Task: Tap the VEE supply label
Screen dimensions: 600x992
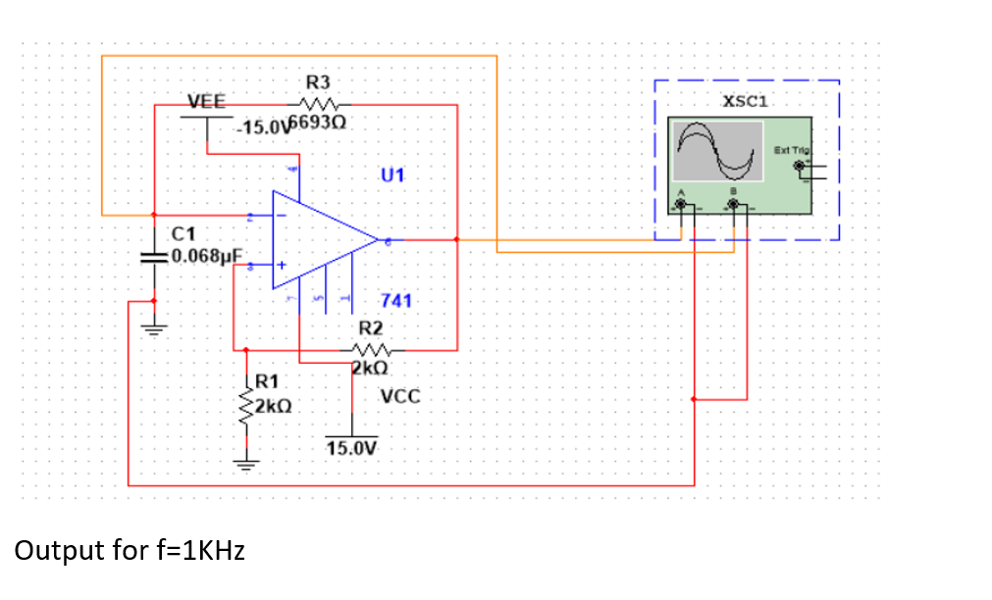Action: tap(206, 101)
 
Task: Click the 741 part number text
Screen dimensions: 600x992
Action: tap(396, 301)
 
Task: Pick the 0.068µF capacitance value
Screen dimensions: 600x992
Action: tap(204, 257)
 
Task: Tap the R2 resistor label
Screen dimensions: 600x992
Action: tap(371, 327)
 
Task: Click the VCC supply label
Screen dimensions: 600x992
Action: tap(400, 397)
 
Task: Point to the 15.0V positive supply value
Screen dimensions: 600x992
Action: tap(351, 448)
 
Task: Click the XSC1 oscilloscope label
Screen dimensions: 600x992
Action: tap(745, 101)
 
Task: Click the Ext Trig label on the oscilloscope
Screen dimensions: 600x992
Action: tap(791, 149)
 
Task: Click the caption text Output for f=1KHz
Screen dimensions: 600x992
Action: tap(130, 551)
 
